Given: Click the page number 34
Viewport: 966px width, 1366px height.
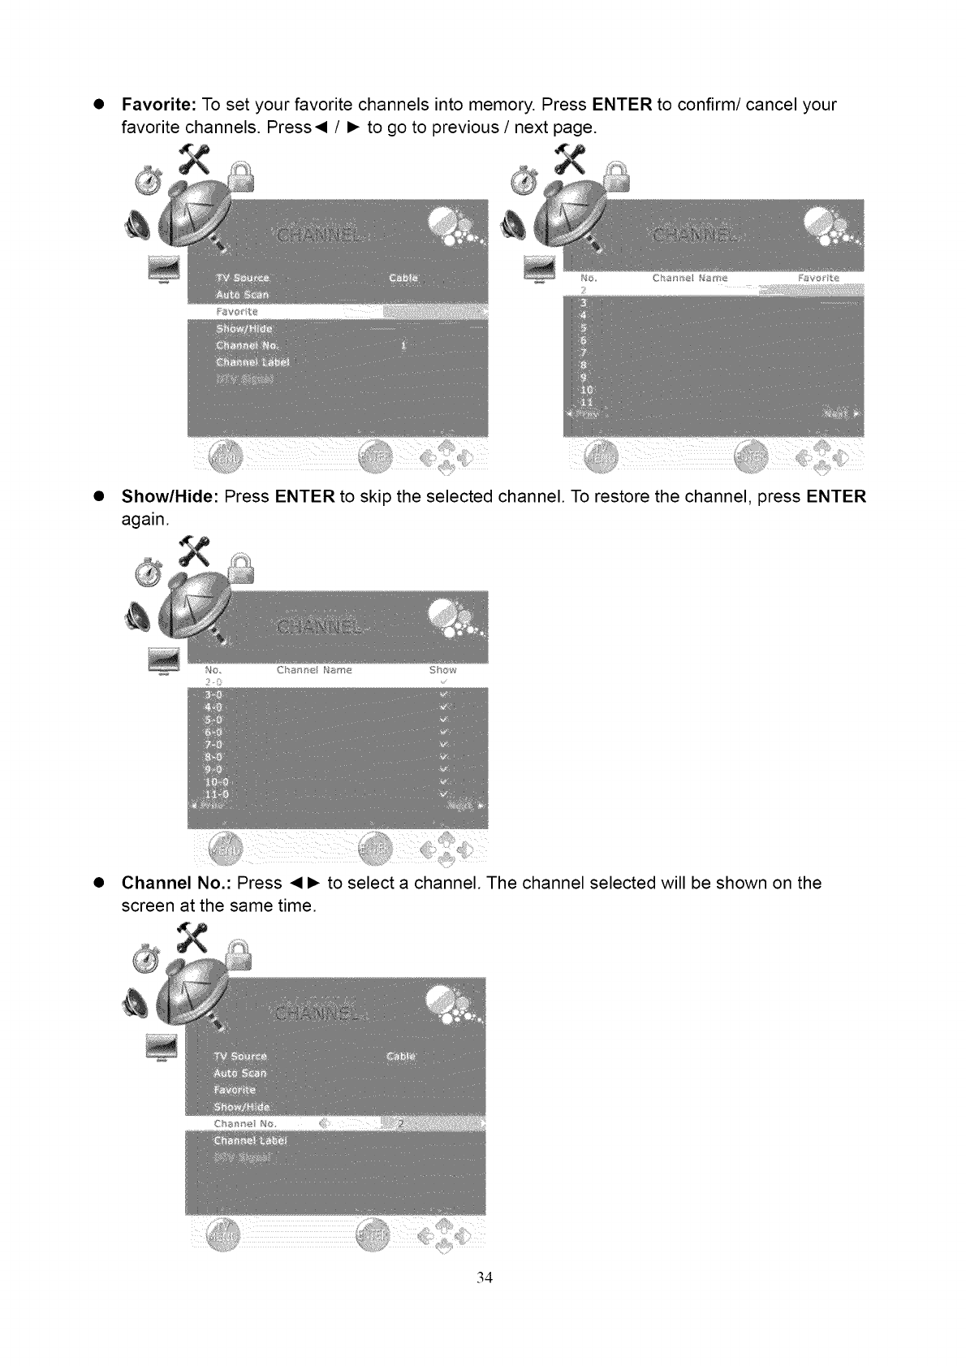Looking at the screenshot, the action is tap(485, 1277).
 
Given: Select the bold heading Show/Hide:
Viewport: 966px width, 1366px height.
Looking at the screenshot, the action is tap(170, 496).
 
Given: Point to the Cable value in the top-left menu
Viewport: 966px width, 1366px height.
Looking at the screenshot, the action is tap(403, 279).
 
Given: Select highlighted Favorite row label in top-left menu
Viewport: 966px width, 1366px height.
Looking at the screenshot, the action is tap(237, 312).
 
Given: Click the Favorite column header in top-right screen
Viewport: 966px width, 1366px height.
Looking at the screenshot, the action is tap(819, 279).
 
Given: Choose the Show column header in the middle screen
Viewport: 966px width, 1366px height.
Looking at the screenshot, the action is tap(443, 670).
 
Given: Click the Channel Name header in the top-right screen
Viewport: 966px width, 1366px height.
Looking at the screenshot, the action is tap(690, 279).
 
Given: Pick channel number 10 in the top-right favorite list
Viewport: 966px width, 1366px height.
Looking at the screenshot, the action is tap(586, 390).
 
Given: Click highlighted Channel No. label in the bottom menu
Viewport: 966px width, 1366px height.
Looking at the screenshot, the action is tap(245, 1124).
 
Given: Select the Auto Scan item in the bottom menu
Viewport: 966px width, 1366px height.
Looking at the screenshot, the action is tap(239, 1073).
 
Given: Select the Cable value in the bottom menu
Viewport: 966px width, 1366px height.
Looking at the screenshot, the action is tap(401, 1057).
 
